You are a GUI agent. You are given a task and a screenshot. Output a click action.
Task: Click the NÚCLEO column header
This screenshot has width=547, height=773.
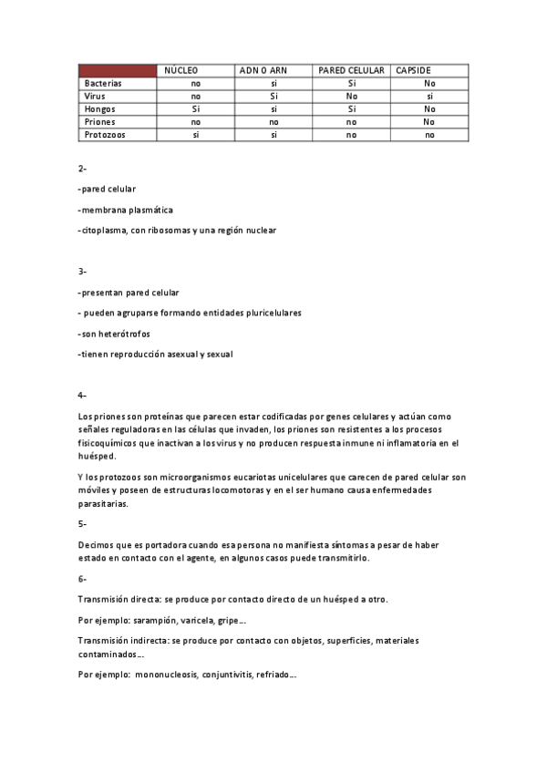pos(181,70)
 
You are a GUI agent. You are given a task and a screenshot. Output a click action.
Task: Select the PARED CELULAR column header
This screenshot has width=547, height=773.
pos(351,70)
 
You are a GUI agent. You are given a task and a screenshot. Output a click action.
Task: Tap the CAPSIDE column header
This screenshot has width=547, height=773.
pos(413,70)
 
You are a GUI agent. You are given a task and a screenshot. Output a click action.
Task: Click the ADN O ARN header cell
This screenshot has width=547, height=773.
pos(263,70)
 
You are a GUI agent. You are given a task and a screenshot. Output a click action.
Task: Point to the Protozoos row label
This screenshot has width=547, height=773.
pos(105,134)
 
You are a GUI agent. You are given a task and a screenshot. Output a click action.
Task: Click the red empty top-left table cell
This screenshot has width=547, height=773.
pos(118,70)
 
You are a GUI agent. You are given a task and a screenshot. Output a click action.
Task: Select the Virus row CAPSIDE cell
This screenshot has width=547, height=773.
pos(429,96)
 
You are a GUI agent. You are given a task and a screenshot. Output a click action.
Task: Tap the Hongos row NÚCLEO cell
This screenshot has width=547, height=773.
pos(195,108)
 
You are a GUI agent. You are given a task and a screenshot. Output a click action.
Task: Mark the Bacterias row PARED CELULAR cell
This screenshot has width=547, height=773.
pos(351,83)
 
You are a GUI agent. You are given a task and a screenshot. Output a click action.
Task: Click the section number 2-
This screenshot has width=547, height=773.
pos(82,169)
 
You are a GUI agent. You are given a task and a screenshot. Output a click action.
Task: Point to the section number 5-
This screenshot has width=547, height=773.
pos(82,524)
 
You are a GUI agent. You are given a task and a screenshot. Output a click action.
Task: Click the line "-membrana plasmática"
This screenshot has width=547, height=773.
pos(126,210)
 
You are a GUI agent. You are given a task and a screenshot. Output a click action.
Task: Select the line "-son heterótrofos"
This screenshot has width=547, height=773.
pos(114,334)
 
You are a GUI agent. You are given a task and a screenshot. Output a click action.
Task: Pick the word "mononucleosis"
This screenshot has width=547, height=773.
pos(164,675)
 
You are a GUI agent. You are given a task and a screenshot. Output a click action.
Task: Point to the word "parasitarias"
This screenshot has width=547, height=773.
pos(103,503)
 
